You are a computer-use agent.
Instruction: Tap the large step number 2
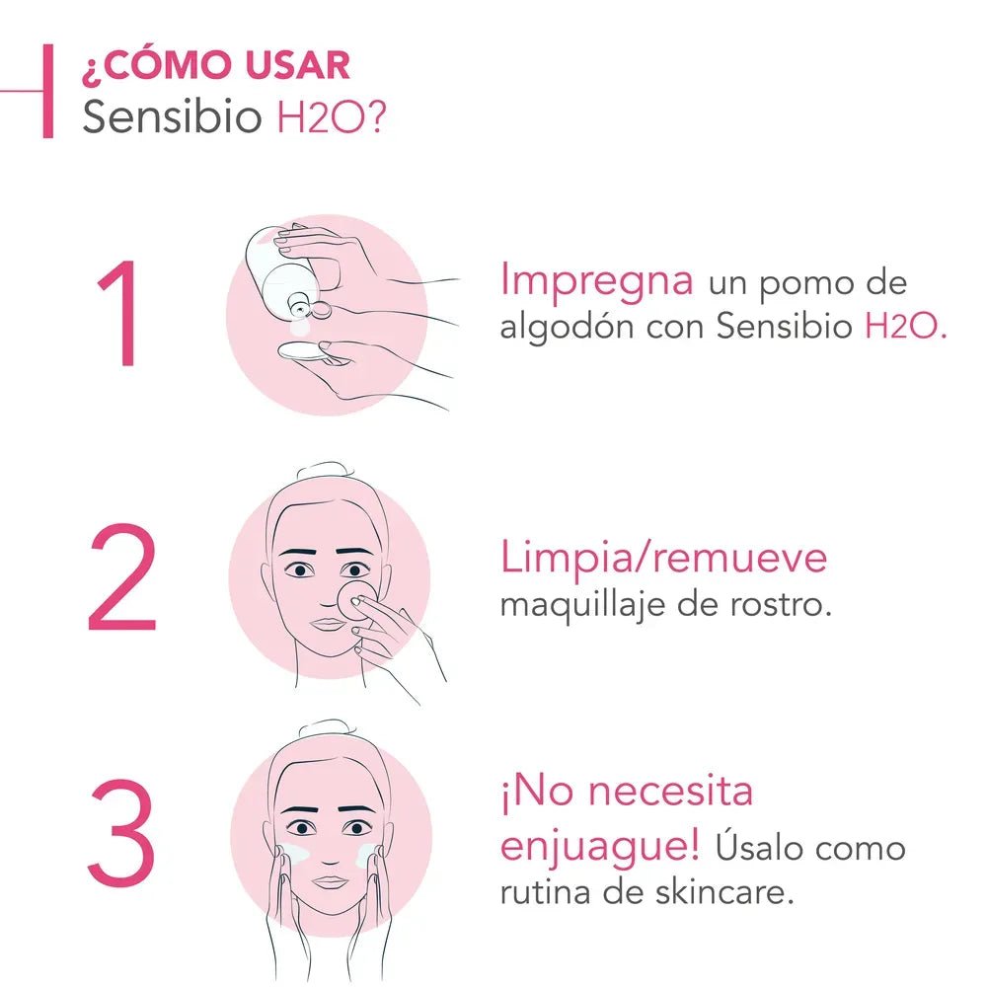[120, 579]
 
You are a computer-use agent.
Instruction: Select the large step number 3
[120, 834]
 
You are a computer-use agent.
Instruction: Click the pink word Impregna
[596, 280]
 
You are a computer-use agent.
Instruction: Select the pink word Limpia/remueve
[663, 558]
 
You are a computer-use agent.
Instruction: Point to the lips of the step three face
[332, 881]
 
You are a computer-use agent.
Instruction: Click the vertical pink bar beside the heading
[46, 91]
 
